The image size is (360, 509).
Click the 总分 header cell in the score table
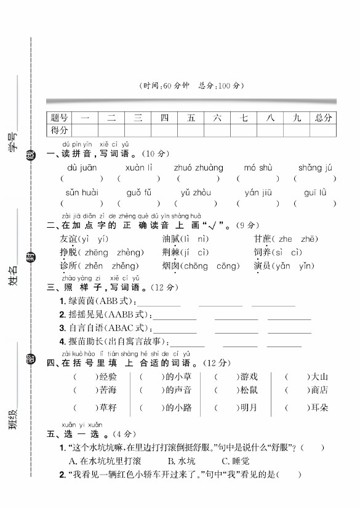pos(323,118)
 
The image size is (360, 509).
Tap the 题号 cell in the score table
pos(60,118)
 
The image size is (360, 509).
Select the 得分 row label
pos(60,130)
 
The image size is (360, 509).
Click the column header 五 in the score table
pos(191,118)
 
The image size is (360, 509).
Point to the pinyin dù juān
pos(79,167)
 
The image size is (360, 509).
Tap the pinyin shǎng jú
pos(315,167)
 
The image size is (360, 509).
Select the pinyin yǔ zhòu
pos(196,193)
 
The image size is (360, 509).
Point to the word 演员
pos(263,266)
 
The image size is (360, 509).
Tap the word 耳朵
pos(319,407)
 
